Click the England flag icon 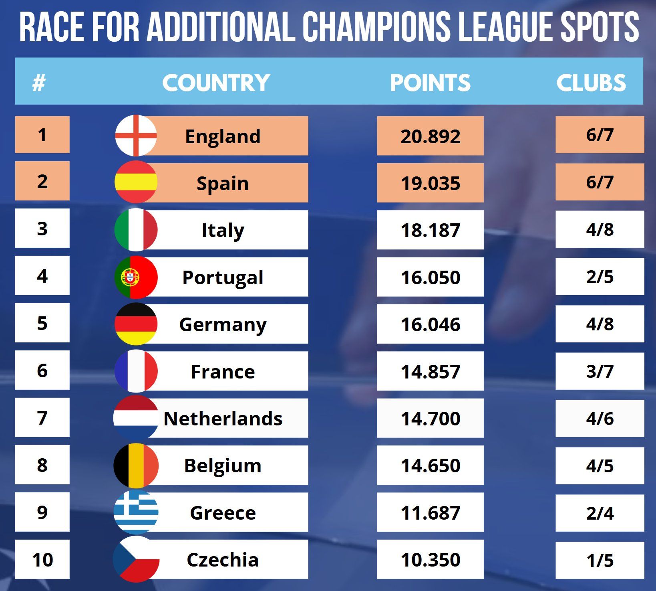point(136,136)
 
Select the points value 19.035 point(430,183)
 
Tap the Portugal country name point(223,277)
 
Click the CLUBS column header point(591,83)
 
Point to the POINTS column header point(430,83)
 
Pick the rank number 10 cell point(42,559)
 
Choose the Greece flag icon point(136,512)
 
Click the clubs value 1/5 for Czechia point(600,560)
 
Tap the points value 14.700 point(430,419)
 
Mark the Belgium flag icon point(136,465)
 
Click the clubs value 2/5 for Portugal point(600,277)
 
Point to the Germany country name point(223,324)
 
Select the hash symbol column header point(39,83)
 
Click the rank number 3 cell point(42,229)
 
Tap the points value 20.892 point(430,136)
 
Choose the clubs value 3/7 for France point(600,371)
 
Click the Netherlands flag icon point(136,418)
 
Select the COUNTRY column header point(216,83)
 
